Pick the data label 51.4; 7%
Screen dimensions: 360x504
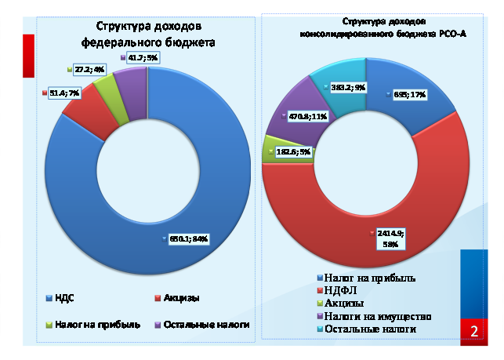point(64,93)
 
